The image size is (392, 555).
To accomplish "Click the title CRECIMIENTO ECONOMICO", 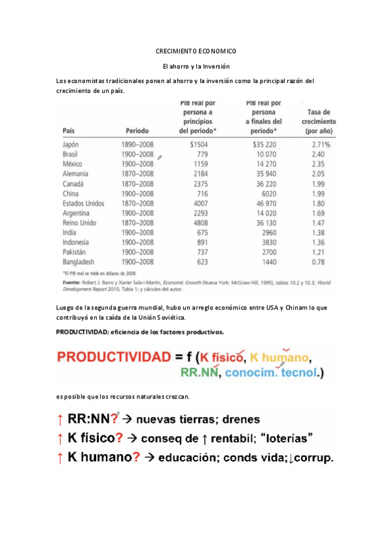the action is [x=196, y=51].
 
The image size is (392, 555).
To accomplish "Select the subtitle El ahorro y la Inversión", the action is [x=196, y=66].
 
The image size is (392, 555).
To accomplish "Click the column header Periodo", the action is [x=134, y=130].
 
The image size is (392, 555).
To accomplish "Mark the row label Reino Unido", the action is [x=80, y=223].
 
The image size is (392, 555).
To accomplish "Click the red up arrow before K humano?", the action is [x=61, y=458].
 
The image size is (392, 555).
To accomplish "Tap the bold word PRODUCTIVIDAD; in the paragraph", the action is [x=83, y=332].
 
